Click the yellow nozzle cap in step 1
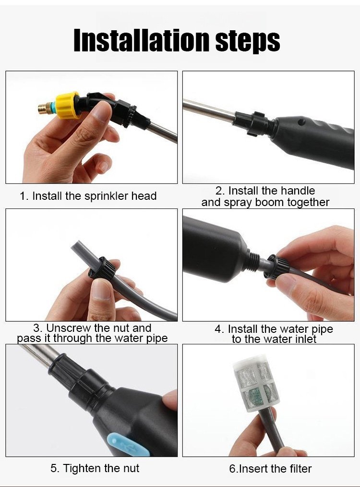(67, 105)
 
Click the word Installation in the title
(141, 41)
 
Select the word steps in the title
(248, 42)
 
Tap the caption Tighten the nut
(95, 468)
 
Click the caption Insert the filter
(270, 468)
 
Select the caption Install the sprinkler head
(88, 196)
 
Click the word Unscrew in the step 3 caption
(67, 328)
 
